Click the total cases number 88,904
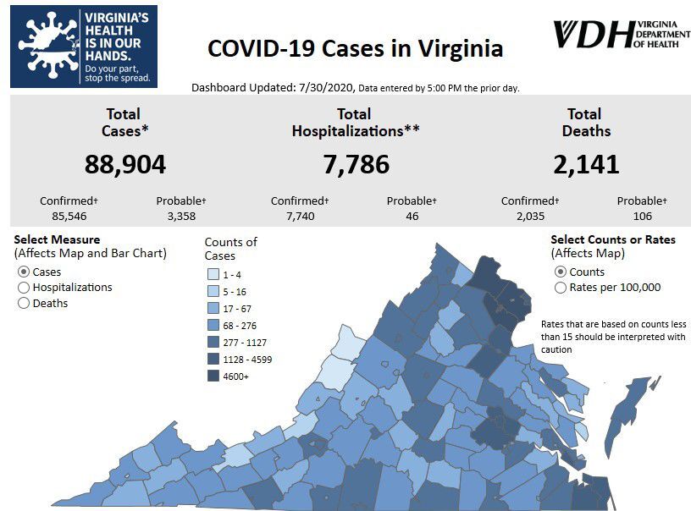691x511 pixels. (x=124, y=163)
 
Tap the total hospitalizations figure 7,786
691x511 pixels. (x=356, y=163)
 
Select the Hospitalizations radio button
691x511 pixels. (x=24, y=288)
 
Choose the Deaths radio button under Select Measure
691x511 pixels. (x=24, y=303)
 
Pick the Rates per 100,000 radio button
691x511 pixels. (x=560, y=288)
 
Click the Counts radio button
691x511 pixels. (x=560, y=272)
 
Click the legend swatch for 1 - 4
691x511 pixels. (x=213, y=274)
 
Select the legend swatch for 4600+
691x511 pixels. (x=213, y=376)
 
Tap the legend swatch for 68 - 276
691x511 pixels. (x=213, y=325)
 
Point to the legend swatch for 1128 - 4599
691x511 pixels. (x=213, y=359)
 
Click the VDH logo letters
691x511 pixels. (x=592, y=35)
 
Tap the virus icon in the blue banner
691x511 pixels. (x=43, y=46)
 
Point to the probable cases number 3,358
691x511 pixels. (x=181, y=217)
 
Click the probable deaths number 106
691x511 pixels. (x=641, y=217)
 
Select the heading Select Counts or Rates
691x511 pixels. (x=612, y=239)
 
